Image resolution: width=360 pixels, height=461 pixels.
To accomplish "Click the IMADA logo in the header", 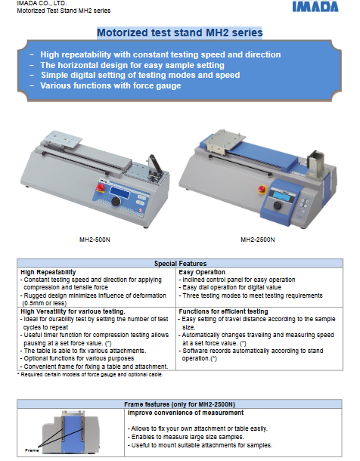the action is pos(315,7).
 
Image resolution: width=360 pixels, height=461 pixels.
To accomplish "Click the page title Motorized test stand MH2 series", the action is pos(180,32).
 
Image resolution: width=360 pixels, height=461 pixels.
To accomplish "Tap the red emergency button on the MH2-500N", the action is pos(101,187).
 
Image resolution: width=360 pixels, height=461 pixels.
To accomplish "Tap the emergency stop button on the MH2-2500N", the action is pos(262,190).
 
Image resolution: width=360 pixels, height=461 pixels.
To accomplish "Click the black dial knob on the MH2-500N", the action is pos(116,202).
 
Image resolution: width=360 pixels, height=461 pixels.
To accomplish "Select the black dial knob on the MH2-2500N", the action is pos(278,206).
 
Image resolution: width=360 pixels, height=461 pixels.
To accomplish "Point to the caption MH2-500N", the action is pos(95,240).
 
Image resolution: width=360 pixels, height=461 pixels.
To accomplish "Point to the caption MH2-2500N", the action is pos(258,240).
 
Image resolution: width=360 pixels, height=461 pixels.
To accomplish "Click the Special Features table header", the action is pos(180,264).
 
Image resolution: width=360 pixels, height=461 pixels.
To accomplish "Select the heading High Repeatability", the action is pos(48,272).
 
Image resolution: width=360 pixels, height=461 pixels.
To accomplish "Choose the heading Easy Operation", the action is pos(202,272).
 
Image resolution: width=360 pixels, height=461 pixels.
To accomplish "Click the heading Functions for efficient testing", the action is pos(223,311).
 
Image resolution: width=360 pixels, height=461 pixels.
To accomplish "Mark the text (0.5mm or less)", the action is pos(45,303).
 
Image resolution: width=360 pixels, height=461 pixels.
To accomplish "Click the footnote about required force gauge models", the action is pos(90,375).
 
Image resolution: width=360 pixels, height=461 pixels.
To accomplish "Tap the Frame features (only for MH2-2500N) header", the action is pos(179,404).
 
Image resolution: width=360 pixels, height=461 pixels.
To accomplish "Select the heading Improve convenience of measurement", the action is pos(185,413).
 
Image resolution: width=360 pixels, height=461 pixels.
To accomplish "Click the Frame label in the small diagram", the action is pos(32,450).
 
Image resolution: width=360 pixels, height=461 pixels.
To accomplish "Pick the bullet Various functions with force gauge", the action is pos(110,85).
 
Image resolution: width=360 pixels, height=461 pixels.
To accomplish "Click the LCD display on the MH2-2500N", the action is pos(282,194).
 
